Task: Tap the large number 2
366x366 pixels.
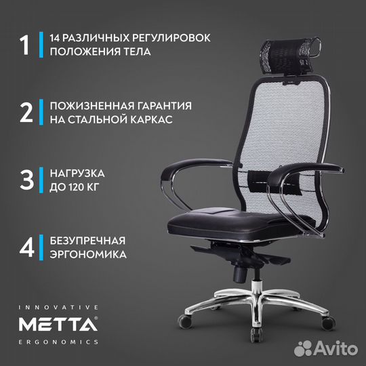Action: [25, 112]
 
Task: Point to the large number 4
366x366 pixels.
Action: [25, 246]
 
